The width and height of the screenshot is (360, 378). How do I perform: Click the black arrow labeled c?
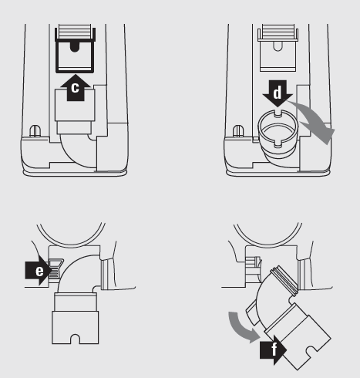click(x=75, y=88)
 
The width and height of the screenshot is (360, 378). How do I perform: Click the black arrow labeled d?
click(x=278, y=93)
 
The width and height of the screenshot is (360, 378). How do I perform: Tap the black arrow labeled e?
click(x=39, y=270)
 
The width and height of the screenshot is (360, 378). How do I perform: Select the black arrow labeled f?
click(x=273, y=349)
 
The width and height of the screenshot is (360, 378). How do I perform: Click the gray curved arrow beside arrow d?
click(x=316, y=121)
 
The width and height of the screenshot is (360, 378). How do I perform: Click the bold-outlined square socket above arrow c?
click(x=75, y=57)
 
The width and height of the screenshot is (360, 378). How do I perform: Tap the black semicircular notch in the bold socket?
click(x=75, y=47)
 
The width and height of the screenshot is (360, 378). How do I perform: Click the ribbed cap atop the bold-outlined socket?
click(x=75, y=32)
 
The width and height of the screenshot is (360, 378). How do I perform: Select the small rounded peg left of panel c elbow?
click(x=35, y=131)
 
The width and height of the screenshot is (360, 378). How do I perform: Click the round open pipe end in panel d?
click(x=278, y=128)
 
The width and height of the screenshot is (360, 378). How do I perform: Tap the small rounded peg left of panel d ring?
click(x=238, y=131)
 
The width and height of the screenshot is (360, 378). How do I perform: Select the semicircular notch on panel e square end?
click(x=75, y=339)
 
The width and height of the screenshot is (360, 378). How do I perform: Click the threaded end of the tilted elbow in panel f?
click(x=284, y=280)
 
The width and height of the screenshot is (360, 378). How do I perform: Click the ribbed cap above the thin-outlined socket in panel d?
click(x=278, y=32)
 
